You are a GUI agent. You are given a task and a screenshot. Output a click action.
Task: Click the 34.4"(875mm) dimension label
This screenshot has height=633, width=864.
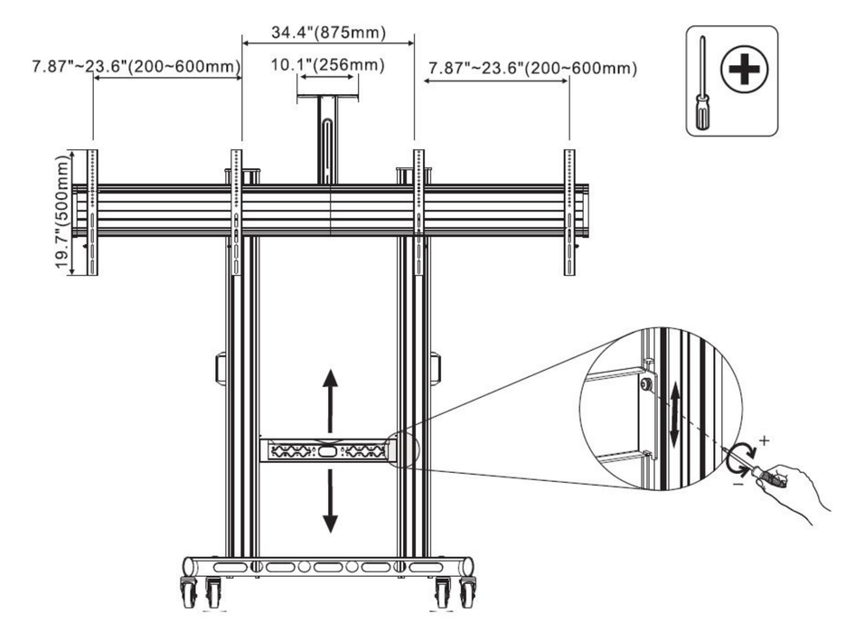328,33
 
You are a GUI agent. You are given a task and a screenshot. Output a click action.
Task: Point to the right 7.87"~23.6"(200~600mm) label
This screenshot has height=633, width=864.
532,68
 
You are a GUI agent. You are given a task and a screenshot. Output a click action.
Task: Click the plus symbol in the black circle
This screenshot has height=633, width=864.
744,70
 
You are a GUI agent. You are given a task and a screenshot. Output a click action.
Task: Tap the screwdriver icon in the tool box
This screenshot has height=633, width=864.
702,81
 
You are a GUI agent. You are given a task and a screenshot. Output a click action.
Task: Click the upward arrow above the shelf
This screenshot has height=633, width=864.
330,391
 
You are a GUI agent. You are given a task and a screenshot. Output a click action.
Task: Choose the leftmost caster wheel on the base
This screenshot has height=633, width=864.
190,592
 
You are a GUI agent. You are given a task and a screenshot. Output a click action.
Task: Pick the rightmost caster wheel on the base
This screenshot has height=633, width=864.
467,592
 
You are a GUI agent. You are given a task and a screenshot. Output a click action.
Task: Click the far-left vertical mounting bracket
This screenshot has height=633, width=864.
92,212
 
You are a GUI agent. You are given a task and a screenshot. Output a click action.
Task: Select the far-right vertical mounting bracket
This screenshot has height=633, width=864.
569,212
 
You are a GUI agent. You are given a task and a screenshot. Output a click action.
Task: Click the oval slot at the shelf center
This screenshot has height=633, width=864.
328,449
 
